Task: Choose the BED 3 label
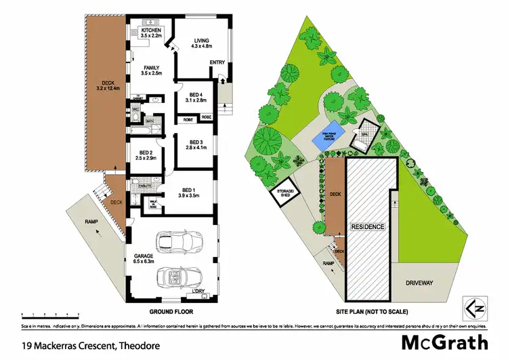[194, 144]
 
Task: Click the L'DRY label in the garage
[198, 292]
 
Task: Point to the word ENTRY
[217, 63]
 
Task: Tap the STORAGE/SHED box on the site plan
[282, 194]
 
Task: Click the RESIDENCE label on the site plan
[368, 226]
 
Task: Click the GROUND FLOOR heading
[171, 312]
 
